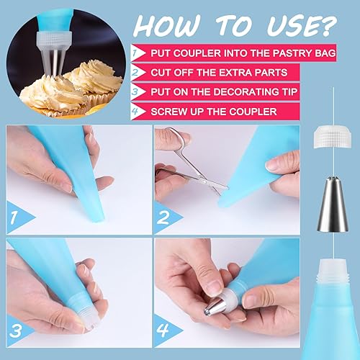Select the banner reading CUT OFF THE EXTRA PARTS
coord(220,72)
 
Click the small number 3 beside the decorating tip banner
coord(135,92)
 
